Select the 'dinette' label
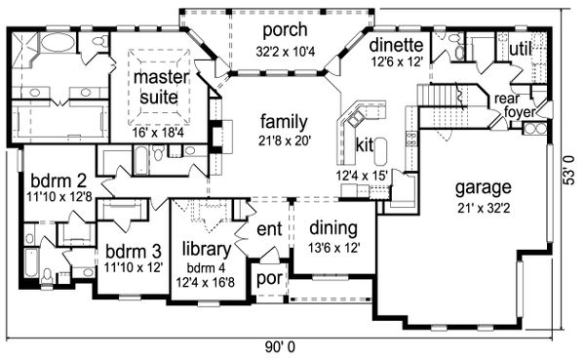pyautogui.click(x=396, y=44)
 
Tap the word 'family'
pyautogui.click(x=284, y=122)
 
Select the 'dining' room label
pyautogui.click(x=332, y=229)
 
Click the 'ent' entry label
pyautogui.click(x=269, y=230)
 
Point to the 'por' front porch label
pyautogui.click(x=268, y=280)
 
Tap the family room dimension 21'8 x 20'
pyautogui.click(x=284, y=141)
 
